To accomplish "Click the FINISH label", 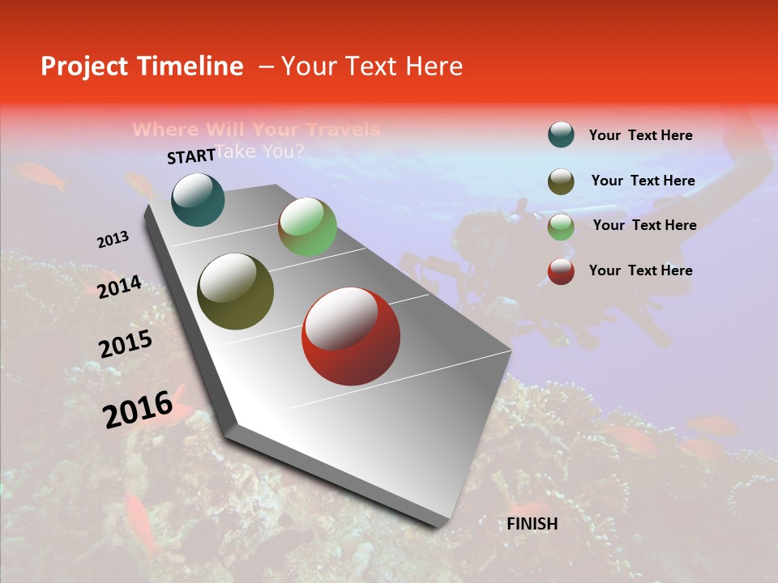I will coord(532,524).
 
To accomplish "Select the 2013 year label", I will coord(113,240).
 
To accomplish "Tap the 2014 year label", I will coord(120,287).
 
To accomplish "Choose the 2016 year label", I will coord(138,409).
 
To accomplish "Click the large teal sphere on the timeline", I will coord(198,199).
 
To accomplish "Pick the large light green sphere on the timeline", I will coord(307,227).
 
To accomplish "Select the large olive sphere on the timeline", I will coord(235,291).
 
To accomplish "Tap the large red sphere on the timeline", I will coord(350,336).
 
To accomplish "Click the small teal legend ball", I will coord(561,135).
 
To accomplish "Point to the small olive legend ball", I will coord(561,181).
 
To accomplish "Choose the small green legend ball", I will coord(561,227).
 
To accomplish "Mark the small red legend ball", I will coord(561,271).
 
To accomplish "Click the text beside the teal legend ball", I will coord(640,136).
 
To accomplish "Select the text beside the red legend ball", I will coord(640,270).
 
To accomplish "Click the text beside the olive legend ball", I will coord(643,181).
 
